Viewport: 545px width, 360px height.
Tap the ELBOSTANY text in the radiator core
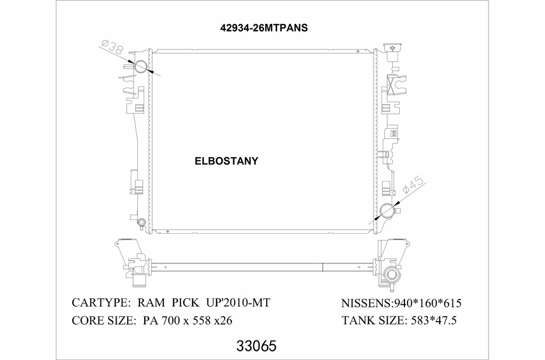coord(226,161)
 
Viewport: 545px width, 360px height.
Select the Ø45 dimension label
coord(413,187)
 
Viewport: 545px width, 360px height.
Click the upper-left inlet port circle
coord(141,67)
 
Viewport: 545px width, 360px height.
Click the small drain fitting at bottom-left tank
coord(141,223)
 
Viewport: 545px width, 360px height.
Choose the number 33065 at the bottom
coord(255,347)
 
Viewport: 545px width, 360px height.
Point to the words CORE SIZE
coord(101,321)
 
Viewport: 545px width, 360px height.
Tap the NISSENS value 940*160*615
coord(427,304)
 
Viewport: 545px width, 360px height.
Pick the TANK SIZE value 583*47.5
coord(432,321)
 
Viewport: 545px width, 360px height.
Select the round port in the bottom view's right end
coord(392,275)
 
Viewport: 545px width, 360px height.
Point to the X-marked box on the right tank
coord(396,85)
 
